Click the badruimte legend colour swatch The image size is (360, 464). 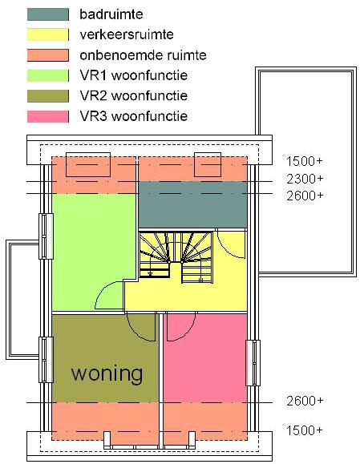click(48, 14)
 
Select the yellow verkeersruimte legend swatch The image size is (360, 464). click(48, 34)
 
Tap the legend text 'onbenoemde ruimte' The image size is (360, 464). click(143, 55)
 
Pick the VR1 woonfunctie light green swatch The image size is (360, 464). click(48, 75)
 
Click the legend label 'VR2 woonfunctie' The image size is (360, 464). click(134, 96)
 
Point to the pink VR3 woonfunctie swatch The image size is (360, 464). click(48, 116)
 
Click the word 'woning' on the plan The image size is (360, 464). click(107, 374)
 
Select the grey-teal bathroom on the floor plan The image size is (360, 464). click(192, 204)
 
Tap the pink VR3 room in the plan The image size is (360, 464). click(205, 358)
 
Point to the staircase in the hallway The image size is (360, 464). click(176, 257)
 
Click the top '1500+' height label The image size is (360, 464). click(305, 162)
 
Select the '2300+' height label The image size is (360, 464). click(305, 179)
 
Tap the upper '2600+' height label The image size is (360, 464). click(305, 196)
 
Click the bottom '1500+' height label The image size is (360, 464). click(304, 430)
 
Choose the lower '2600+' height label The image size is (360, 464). click(305, 401)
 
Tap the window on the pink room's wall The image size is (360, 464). click(253, 363)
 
